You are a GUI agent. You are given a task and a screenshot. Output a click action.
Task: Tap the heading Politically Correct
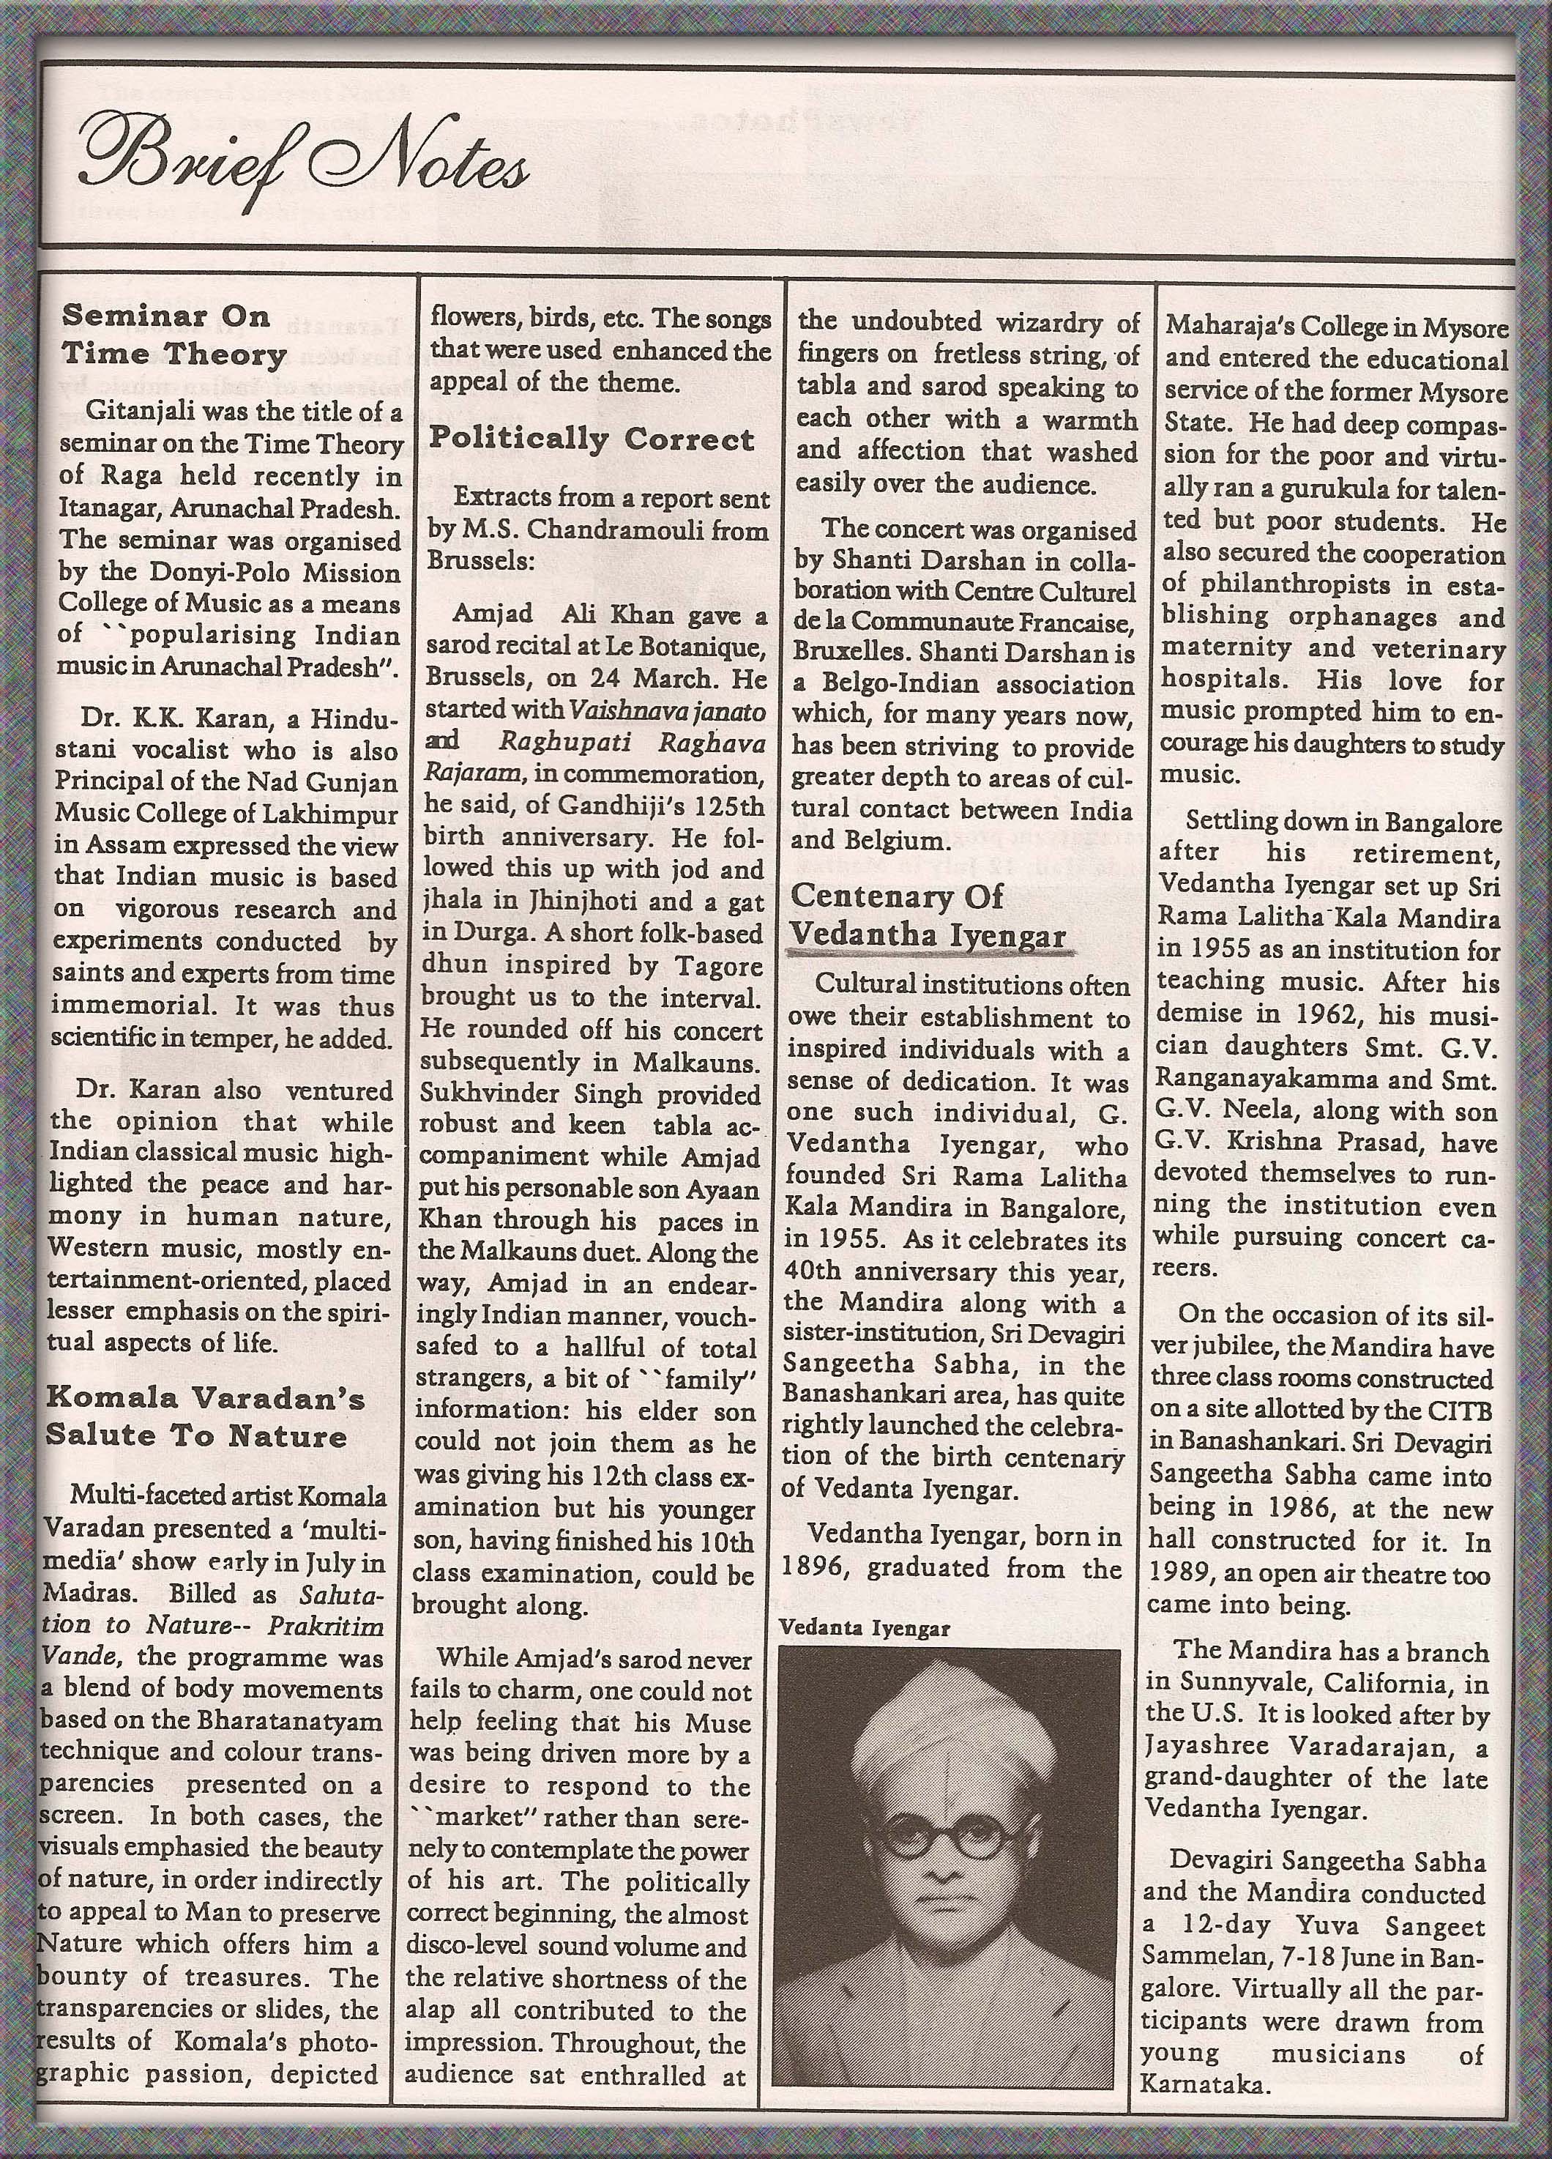[591, 439]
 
